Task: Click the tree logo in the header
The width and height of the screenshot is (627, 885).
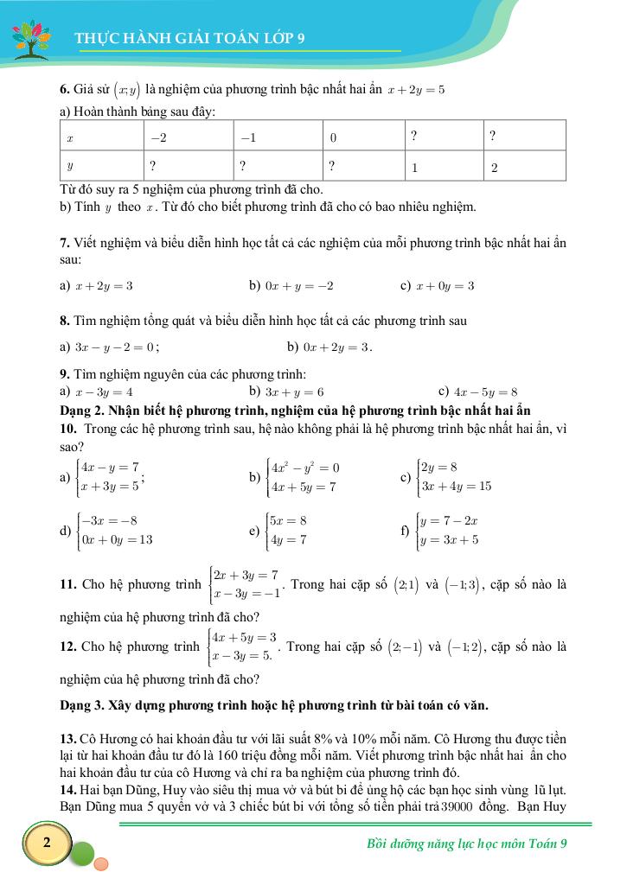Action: (x=31, y=39)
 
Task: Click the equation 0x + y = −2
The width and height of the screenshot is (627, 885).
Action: (x=299, y=285)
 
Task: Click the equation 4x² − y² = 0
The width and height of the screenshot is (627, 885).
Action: (x=305, y=468)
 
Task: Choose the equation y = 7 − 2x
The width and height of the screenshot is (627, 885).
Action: (x=449, y=521)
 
